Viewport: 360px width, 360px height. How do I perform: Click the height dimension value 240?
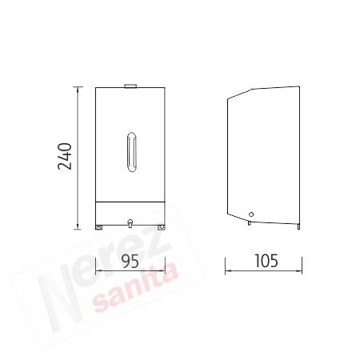pos(65,156)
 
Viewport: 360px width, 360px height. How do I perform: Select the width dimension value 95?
pos(130,261)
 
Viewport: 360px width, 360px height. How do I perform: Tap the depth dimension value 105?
pos(266,261)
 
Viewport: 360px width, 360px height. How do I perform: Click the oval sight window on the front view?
pos(131,152)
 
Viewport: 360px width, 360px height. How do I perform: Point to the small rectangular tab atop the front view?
pos(130,86)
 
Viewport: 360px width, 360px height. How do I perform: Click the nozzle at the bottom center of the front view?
pos(130,223)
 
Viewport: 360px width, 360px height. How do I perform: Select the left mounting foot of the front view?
pos(99,227)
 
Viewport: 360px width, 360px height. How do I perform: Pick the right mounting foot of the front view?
pos(162,227)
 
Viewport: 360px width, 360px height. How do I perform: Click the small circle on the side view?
pos(251,214)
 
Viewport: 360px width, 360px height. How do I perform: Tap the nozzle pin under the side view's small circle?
pos(250,222)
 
